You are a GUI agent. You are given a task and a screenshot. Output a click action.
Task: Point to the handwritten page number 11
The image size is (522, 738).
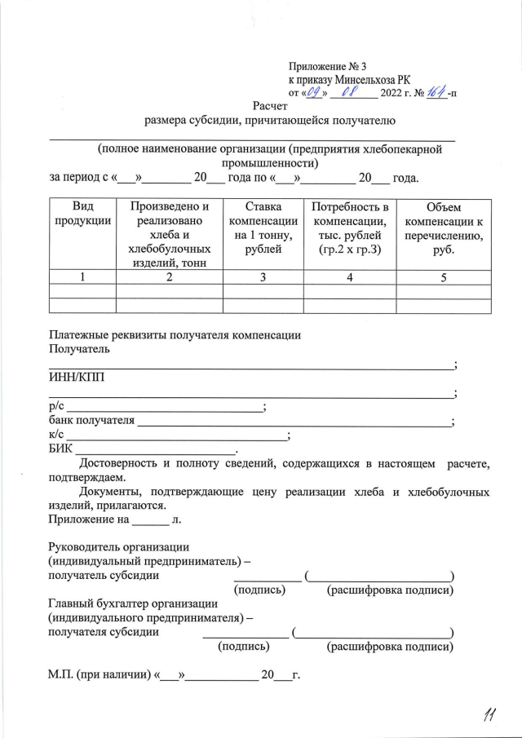point(490,715)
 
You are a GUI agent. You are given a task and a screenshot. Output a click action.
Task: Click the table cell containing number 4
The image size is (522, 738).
point(349,277)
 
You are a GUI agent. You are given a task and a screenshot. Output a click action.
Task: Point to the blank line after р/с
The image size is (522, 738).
point(163,407)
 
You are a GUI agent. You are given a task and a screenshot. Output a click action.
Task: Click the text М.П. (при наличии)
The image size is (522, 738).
point(100,676)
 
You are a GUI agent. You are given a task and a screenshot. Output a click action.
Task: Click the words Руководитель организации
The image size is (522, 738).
point(119,546)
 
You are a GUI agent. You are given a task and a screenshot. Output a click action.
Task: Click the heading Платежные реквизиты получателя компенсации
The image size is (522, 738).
point(175,334)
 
